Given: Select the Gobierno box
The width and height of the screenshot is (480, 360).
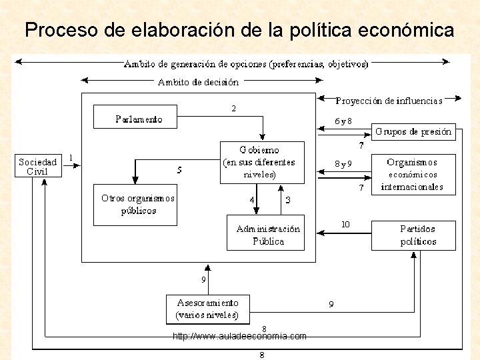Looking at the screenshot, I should point(262,162).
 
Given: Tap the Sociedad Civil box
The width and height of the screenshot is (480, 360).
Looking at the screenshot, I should point(38,166).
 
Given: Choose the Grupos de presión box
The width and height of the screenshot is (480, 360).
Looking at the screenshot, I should point(413,131).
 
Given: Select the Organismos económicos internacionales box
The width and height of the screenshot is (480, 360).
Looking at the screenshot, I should point(413,175).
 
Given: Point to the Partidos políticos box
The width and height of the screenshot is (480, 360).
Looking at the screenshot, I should point(413,235).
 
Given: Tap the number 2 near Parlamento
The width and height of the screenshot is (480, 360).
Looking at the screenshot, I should point(233,108).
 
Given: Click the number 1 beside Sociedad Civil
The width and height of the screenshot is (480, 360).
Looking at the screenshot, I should point(71,158).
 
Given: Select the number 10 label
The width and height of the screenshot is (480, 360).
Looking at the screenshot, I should point(345,224).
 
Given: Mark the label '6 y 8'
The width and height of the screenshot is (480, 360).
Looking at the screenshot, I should point(343,121).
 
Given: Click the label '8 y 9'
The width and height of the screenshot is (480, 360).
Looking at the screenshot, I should point(343,163).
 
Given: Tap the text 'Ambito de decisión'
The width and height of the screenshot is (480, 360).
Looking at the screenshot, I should point(198,82).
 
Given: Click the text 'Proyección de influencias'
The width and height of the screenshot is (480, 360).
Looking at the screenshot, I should point(389,101).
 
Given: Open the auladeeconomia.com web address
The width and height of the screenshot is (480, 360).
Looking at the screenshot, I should point(239,337).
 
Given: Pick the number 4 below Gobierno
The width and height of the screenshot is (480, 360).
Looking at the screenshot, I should point(252,199).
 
